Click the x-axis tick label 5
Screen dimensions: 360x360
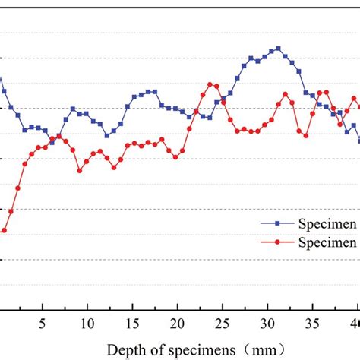coord(43,321)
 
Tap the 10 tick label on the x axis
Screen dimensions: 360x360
coord(87,321)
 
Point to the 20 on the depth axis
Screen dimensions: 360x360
coord(177,321)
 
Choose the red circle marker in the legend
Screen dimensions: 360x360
coord(277,243)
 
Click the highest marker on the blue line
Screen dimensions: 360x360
coord(279,49)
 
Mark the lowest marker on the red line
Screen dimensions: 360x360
coord(4,230)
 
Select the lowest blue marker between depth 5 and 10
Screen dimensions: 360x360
coord(52,142)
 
